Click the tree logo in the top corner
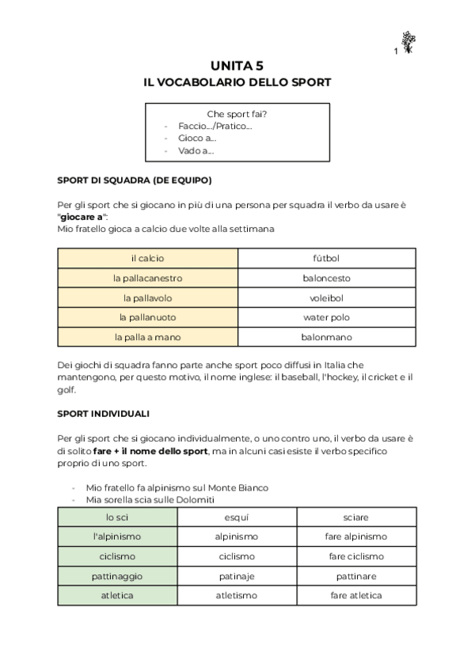[408, 43]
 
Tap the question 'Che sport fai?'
[237, 113]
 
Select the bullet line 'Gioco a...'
[197, 138]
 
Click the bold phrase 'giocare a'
[83, 216]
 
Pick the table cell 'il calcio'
[147, 259]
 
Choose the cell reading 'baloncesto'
[326, 279]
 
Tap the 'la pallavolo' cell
[147, 298]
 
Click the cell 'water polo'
[326, 317]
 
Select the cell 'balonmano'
[326, 337]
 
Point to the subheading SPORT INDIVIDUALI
[104, 414]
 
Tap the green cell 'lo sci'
[117, 517]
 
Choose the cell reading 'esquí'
[237, 517]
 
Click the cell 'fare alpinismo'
[356, 536]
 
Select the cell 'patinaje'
[237, 576]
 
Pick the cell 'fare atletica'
[356, 595]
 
